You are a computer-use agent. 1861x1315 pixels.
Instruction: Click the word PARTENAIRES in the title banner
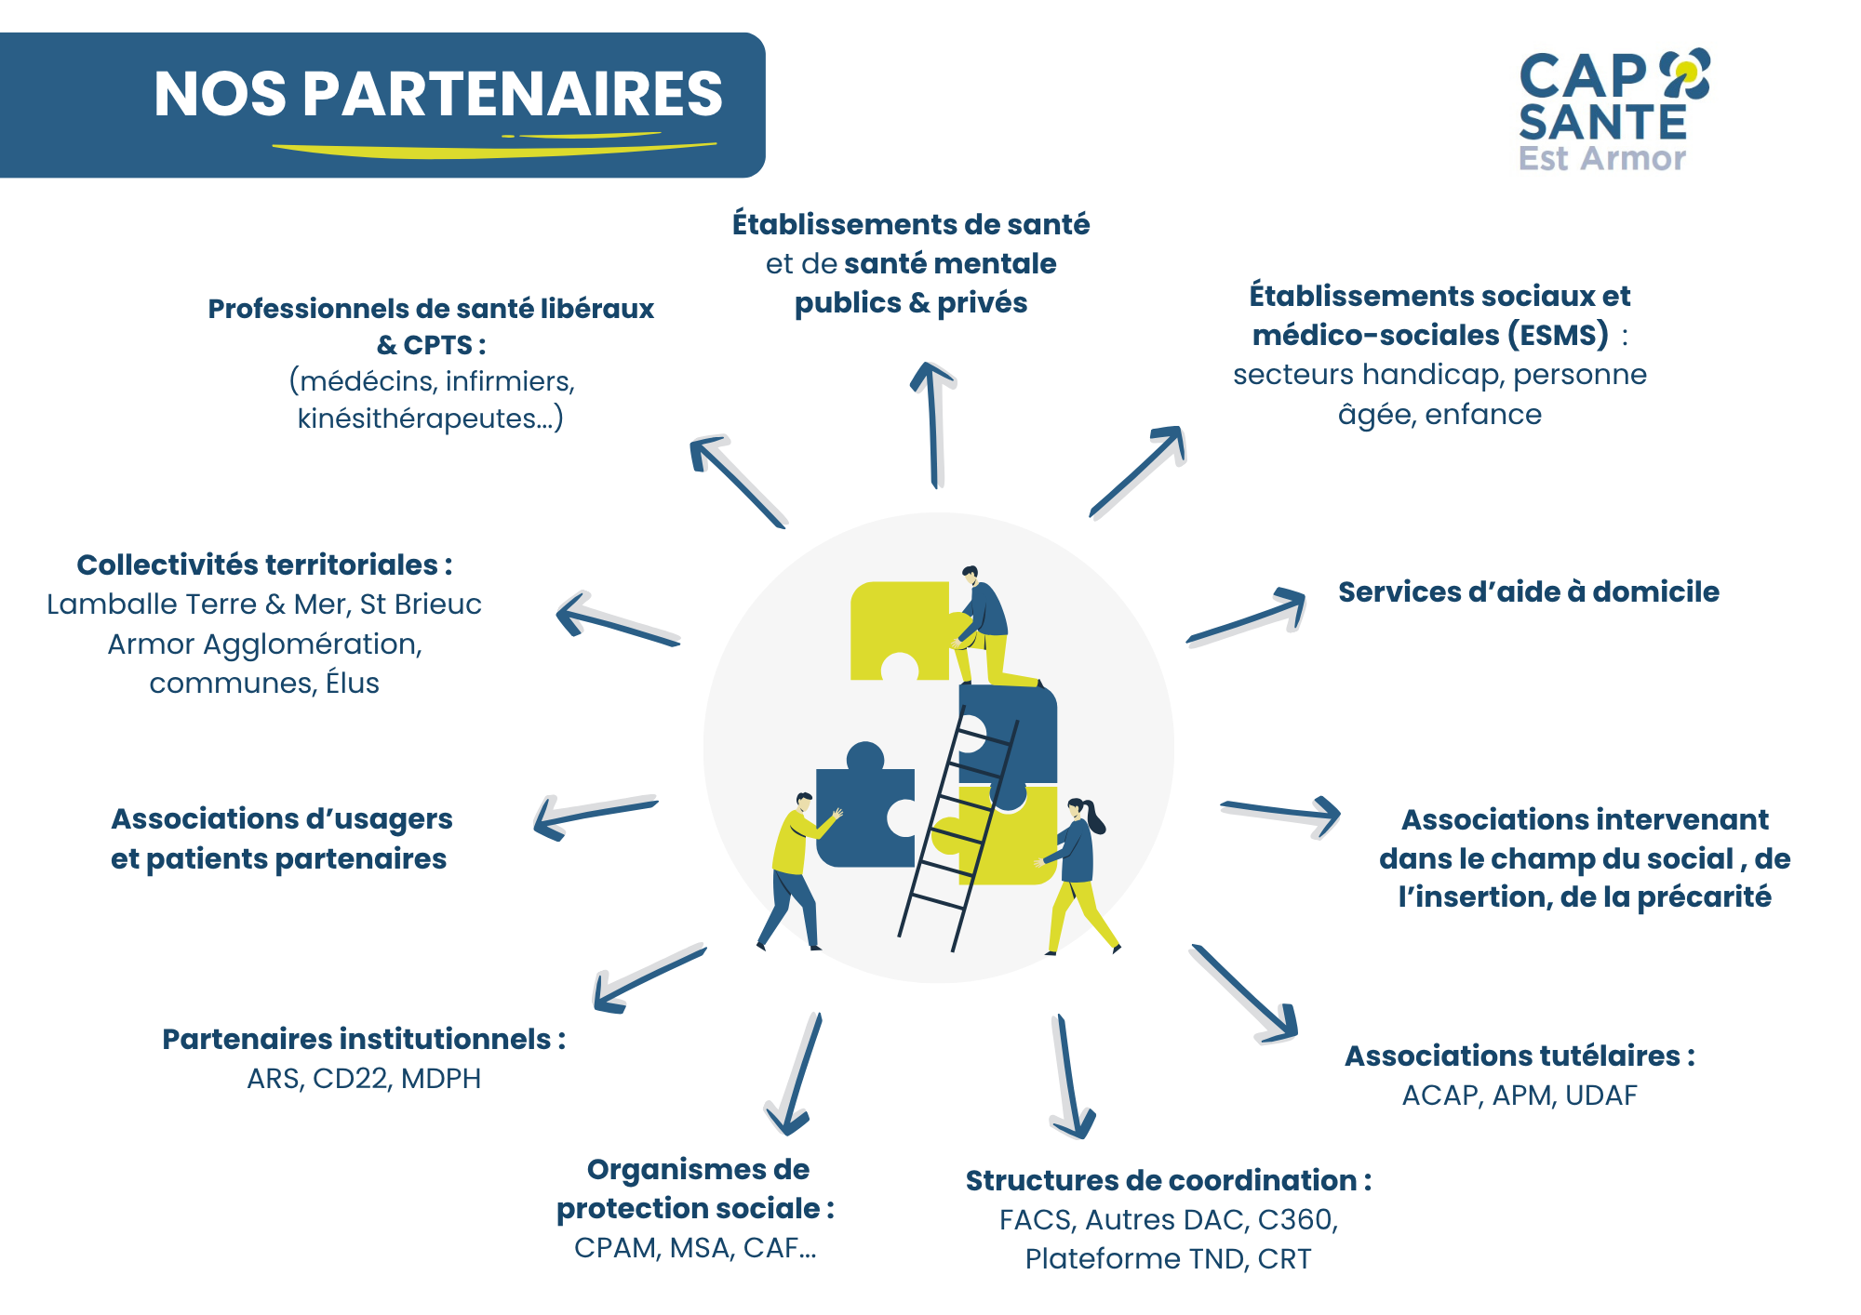click(x=513, y=94)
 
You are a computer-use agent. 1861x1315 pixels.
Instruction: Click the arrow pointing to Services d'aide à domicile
click(x=1248, y=618)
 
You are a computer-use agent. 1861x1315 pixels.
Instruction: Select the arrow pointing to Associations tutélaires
click(x=1244, y=993)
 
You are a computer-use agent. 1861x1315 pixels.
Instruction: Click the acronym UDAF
click(x=1600, y=1096)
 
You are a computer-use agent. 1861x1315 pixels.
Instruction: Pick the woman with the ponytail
click(x=1078, y=870)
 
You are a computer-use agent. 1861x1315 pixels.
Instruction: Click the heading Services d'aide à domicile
click(x=1528, y=592)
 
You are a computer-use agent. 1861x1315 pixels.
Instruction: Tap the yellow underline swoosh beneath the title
click(x=493, y=147)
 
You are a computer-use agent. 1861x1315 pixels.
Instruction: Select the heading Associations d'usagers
click(x=281, y=819)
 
